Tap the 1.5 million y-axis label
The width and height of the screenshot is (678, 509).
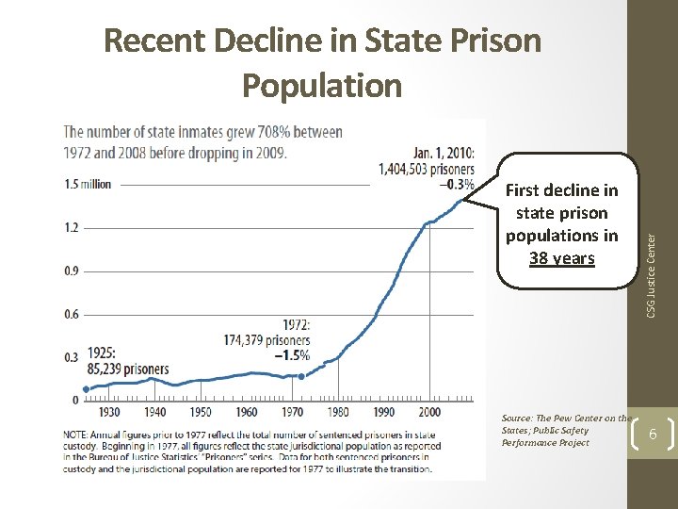point(87,184)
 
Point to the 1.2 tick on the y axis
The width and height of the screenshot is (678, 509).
point(71,227)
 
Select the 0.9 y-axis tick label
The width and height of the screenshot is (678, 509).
point(71,271)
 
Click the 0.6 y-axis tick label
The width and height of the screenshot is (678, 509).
point(71,314)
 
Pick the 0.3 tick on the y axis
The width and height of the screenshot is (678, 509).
point(71,357)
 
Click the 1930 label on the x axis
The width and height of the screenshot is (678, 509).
point(109,412)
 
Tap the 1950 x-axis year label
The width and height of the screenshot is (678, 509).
point(201,412)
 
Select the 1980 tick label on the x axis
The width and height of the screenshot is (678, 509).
point(338,412)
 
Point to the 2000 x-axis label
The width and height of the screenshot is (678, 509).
point(429,412)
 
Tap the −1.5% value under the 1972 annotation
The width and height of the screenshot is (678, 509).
point(292,355)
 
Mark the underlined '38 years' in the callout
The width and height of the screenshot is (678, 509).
point(562,257)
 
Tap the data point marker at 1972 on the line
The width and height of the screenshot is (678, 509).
point(300,376)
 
